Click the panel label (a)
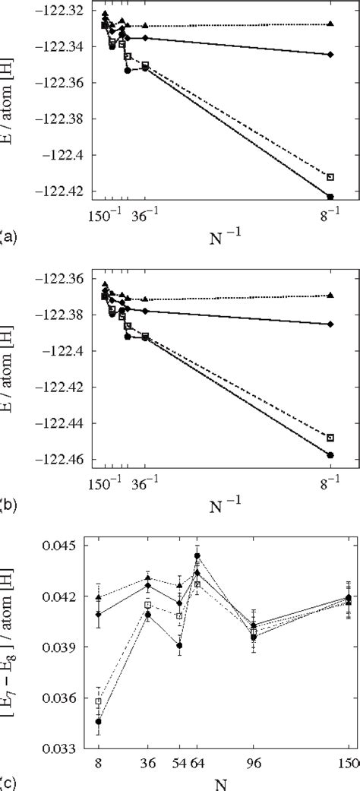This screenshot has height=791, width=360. (8, 236)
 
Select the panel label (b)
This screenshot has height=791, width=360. (8, 504)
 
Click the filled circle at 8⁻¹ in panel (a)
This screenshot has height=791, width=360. (330, 197)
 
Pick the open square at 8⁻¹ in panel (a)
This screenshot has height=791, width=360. (330, 177)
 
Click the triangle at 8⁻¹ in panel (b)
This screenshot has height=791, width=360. (330, 295)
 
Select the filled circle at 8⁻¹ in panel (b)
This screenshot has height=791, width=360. (330, 455)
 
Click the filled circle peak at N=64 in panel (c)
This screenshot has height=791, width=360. (197, 555)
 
